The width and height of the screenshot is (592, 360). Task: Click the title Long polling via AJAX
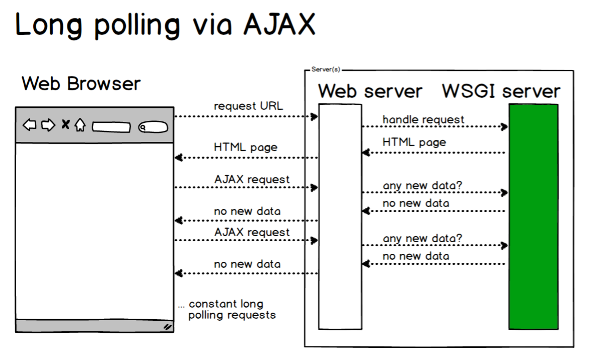coord(165,25)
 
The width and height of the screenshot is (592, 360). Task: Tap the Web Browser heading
coord(81,84)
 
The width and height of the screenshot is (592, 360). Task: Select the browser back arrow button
coord(30,124)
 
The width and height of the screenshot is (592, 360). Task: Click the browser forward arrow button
coord(48,124)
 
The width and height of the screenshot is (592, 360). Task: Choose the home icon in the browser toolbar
coord(80,124)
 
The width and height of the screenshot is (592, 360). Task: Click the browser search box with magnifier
coord(153,127)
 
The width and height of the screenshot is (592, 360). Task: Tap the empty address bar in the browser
coord(111,127)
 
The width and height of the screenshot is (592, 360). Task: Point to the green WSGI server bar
coord(533,217)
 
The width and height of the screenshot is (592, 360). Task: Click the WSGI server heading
coord(501,91)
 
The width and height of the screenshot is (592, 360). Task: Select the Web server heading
coord(370,91)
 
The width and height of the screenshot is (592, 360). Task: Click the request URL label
coord(248,106)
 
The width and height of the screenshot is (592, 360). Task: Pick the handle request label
coord(423,119)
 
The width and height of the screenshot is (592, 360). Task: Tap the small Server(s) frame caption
coord(326,69)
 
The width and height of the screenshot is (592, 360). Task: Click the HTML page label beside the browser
coord(246,148)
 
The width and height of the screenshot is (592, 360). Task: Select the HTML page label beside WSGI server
coord(414,142)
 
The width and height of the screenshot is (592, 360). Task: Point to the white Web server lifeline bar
coord(340,217)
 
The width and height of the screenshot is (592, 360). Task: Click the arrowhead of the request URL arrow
coord(315,117)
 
